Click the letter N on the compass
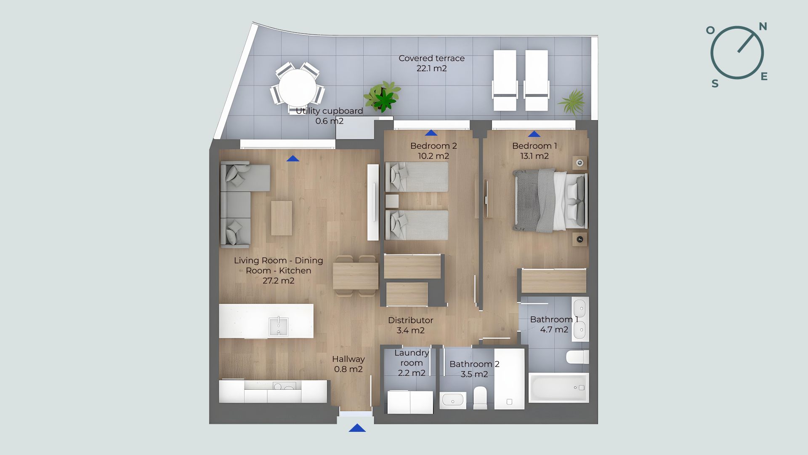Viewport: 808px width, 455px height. pyautogui.click(x=763, y=27)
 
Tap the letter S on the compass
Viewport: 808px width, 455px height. pyautogui.click(x=715, y=84)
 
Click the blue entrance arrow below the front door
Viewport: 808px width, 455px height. pyautogui.click(x=357, y=428)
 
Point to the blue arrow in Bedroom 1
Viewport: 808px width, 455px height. pyautogui.click(x=534, y=134)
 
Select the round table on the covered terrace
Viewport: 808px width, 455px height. pyautogui.click(x=298, y=88)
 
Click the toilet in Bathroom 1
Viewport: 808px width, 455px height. pyautogui.click(x=577, y=357)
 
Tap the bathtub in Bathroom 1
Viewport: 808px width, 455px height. pyautogui.click(x=558, y=388)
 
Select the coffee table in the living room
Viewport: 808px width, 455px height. pyautogui.click(x=282, y=218)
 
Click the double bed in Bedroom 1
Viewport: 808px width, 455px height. pyautogui.click(x=550, y=201)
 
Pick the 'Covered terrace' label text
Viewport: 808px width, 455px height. pyautogui.click(x=431, y=58)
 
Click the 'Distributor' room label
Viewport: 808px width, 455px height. pyautogui.click(x=410, y=320)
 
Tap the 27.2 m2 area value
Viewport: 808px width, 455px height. pyautogui.click(x=279, y=281)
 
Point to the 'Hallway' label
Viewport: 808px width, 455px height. pyautogui.click(x=348, y=359)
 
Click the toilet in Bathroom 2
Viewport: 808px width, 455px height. pyautogui.click(x=480, y=398)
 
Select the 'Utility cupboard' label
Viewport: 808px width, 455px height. pyautogui.click(x=329, y=111)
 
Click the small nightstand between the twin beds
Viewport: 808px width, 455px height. pyautogui.click(x=392, y=201)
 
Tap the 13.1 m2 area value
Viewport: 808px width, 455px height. pyautogui.click(x=534, y=156)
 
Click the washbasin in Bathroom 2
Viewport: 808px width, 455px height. pyautogui.click(x=453, y=400)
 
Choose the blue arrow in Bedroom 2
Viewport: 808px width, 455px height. pyautogui.click(x=431, y=133)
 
